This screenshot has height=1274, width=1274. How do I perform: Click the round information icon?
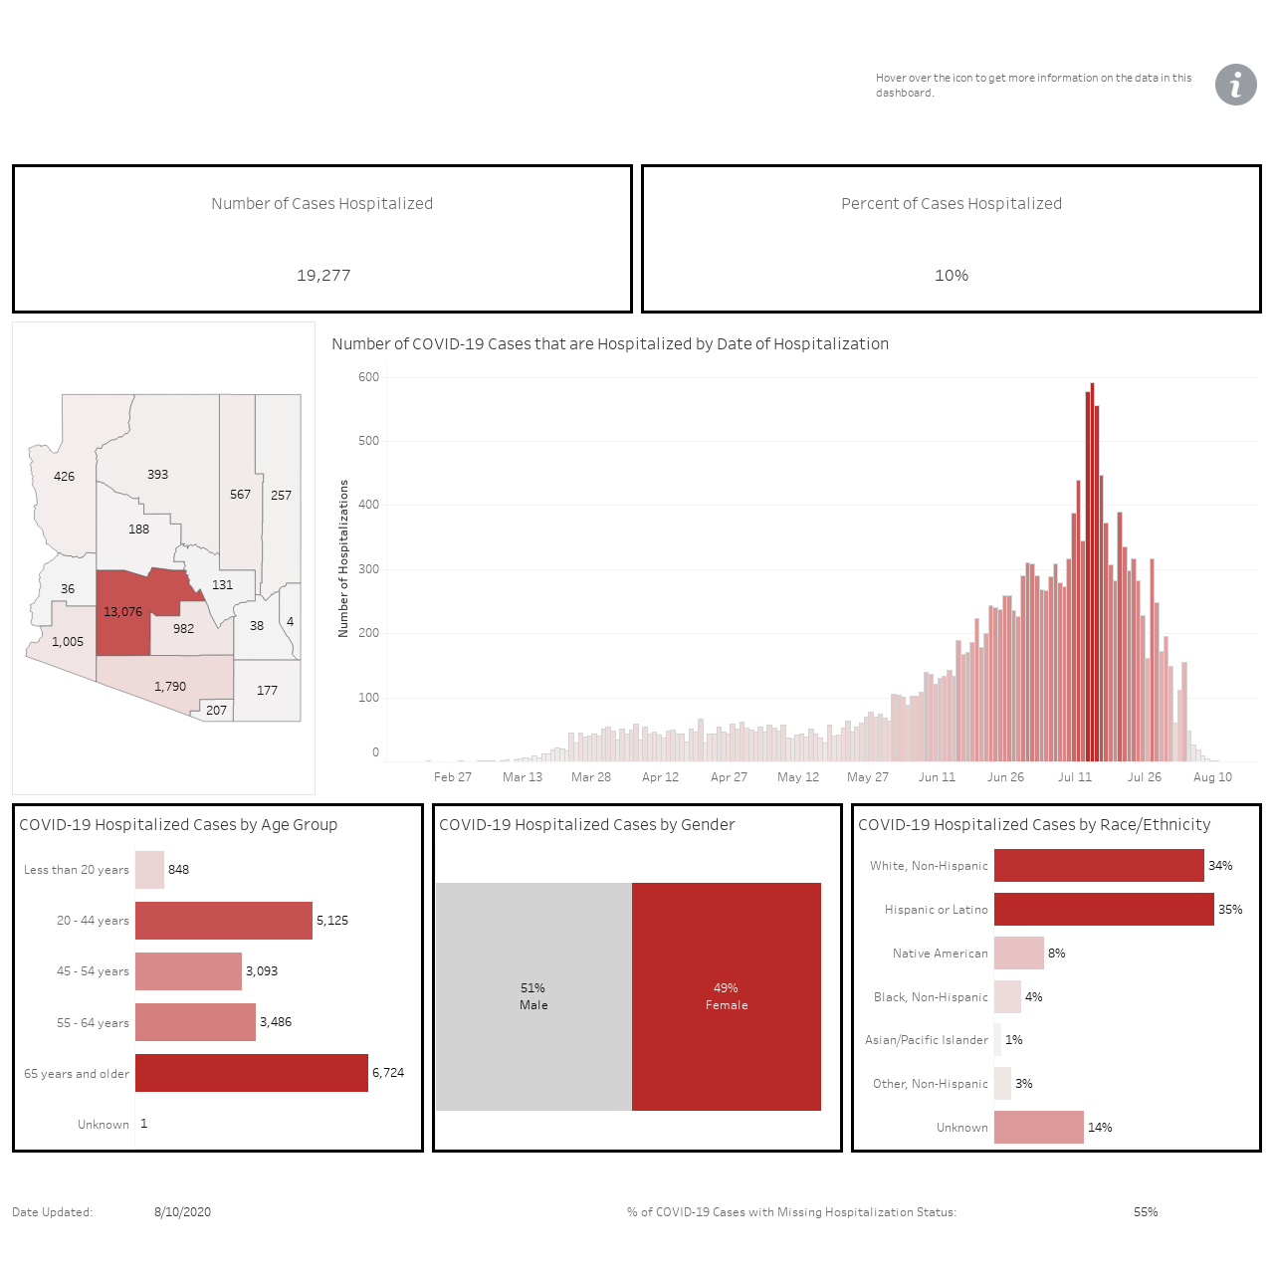1235,85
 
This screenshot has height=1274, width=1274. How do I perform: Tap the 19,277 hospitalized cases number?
323,275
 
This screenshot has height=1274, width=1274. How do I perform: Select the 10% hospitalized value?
951,275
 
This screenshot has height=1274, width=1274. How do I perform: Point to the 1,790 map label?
170,686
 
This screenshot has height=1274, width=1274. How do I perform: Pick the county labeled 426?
64,490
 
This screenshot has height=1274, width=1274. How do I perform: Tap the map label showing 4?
290,621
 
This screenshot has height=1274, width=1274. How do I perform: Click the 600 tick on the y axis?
368,377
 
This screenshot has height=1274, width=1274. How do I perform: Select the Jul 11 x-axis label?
1074,776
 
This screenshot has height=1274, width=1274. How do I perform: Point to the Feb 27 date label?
452,776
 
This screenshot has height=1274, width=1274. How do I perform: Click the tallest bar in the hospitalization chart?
1092,572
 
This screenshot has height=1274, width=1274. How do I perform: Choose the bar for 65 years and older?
251,1072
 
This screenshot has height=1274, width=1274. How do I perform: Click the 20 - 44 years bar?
224,921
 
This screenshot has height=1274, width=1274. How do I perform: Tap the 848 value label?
178,869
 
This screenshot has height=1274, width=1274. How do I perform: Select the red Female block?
726,996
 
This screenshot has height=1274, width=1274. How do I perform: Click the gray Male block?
533,996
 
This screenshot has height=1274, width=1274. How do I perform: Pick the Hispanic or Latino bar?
1104,909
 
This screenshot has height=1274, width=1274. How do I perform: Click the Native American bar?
1019,953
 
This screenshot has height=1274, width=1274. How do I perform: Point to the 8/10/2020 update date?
182,1212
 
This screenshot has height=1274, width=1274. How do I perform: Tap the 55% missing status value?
1145,1212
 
